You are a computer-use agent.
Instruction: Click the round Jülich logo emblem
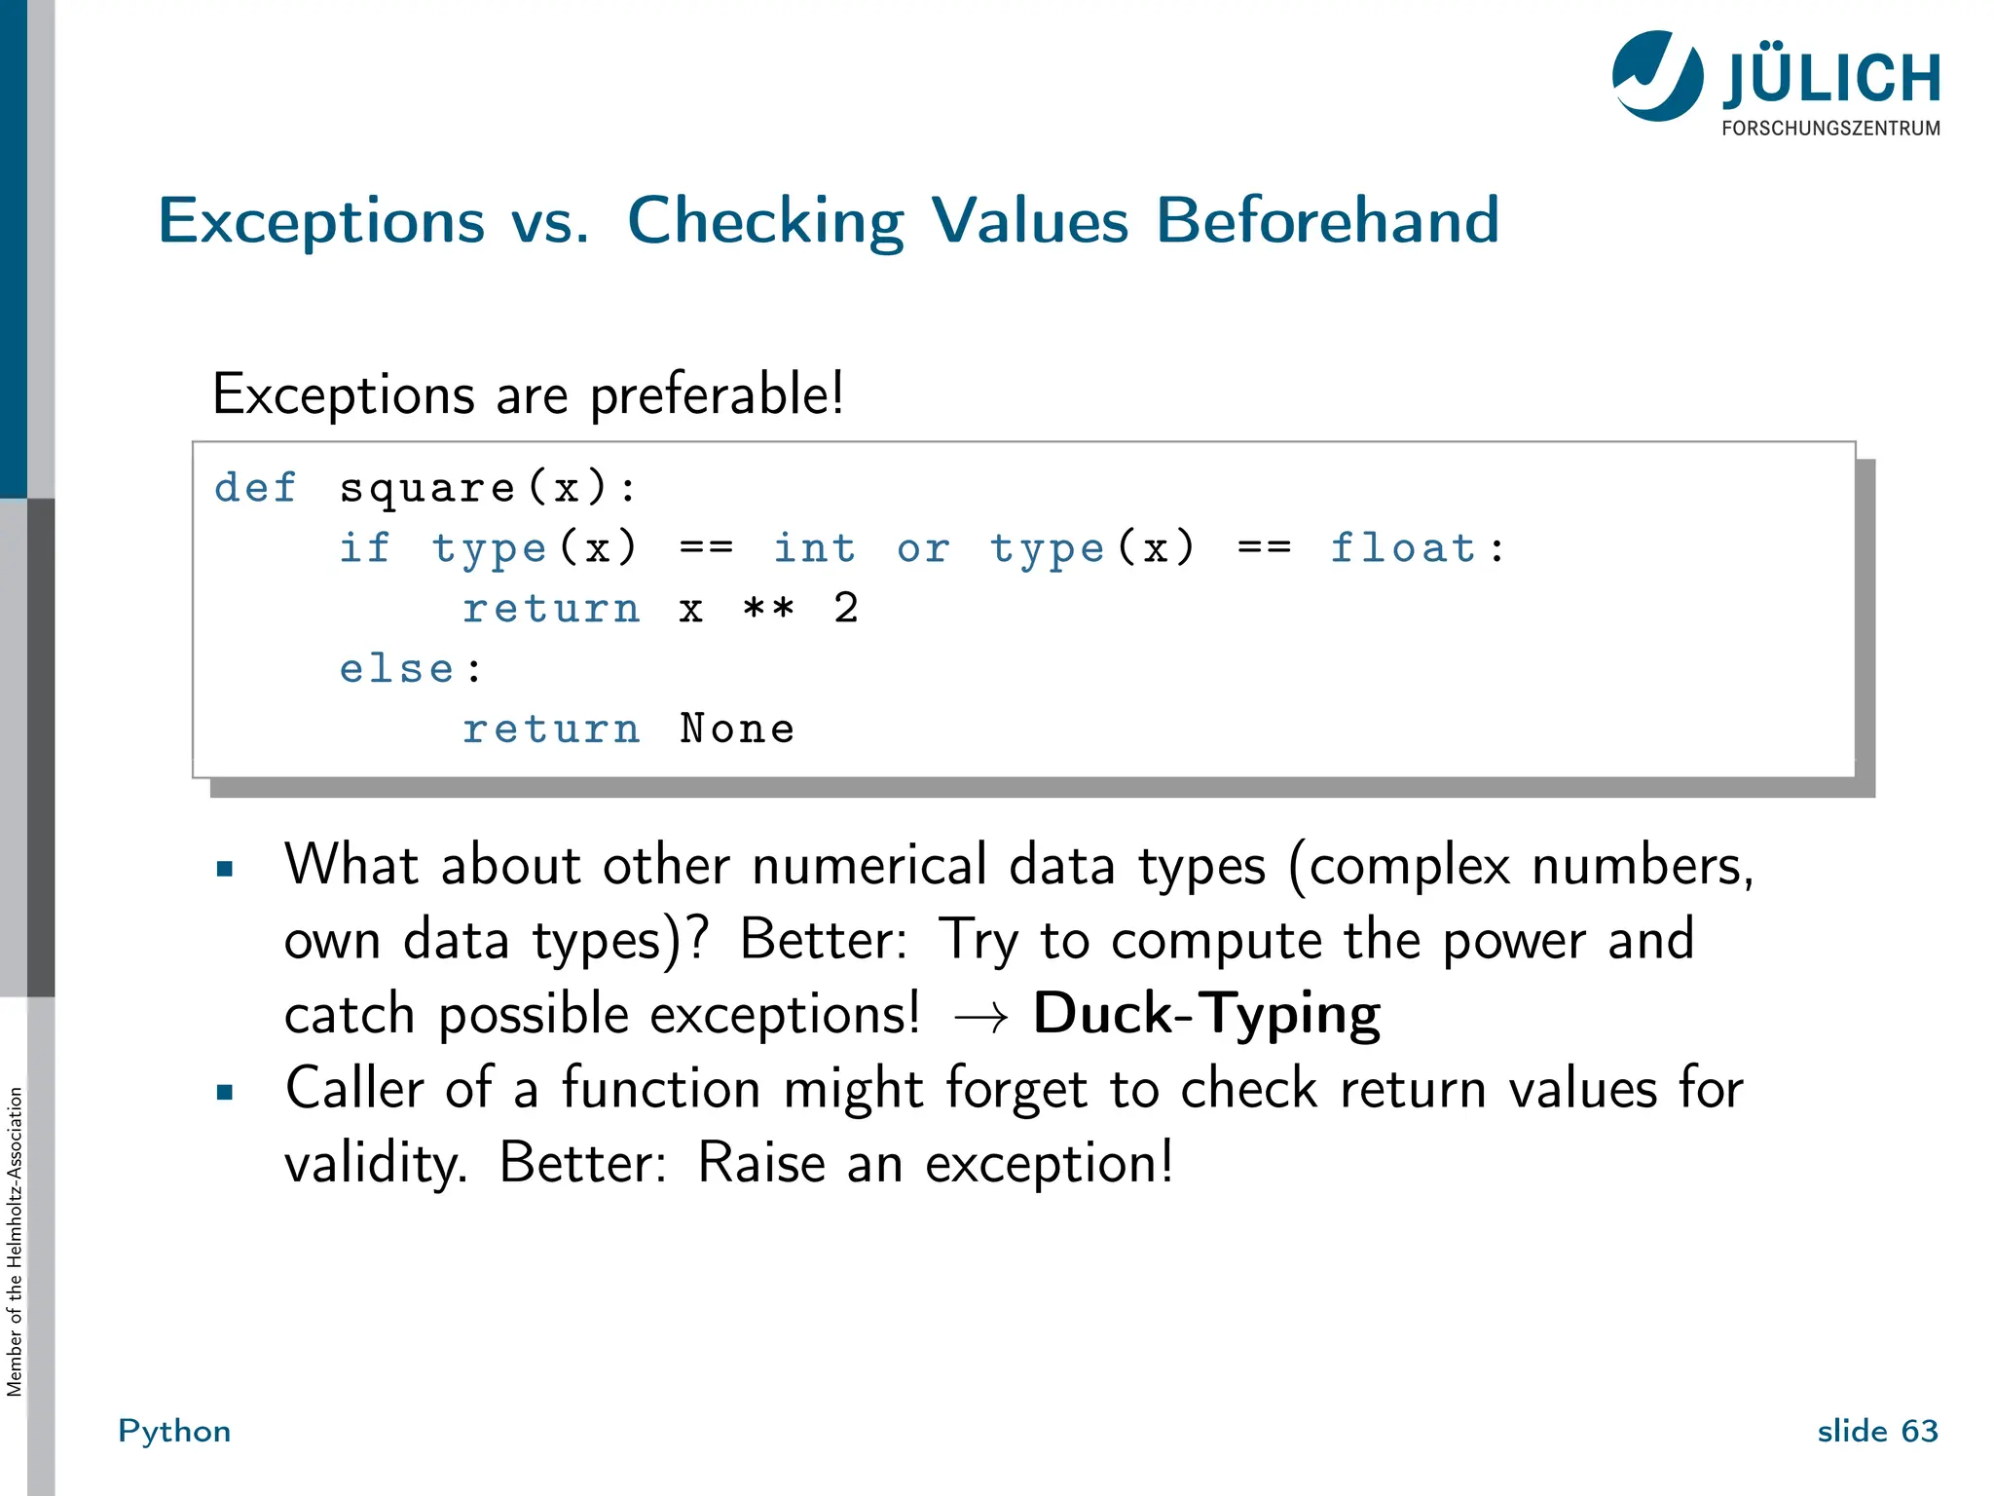[x=1657, y=76]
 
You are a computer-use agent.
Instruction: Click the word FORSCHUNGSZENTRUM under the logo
[x=1830, y=129]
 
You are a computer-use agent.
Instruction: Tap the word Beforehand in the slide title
[x=1327, y=220]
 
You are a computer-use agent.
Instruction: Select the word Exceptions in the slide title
[x=321, y=221]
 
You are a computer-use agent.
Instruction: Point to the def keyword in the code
[x=255, y=487]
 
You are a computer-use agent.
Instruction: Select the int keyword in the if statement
[x=814, y=547]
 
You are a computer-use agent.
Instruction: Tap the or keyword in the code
[x=922, y=548]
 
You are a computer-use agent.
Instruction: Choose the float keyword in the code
[x=1403, y=547]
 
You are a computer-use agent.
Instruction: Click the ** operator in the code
[x=768, y=609]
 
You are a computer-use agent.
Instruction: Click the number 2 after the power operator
[x=846, y=608]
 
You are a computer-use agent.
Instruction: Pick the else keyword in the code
[x=396, y=669]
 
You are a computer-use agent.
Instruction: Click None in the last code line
[x=737, y=729]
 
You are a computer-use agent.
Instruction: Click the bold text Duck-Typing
[x=1206, y=1014]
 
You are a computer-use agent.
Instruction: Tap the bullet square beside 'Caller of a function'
[x=225, y=1092]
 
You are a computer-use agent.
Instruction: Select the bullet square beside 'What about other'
[x=225, y=869]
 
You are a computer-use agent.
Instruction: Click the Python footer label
[x=174, y=1431]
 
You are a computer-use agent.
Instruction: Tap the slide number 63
[x=1919, y=1431]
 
